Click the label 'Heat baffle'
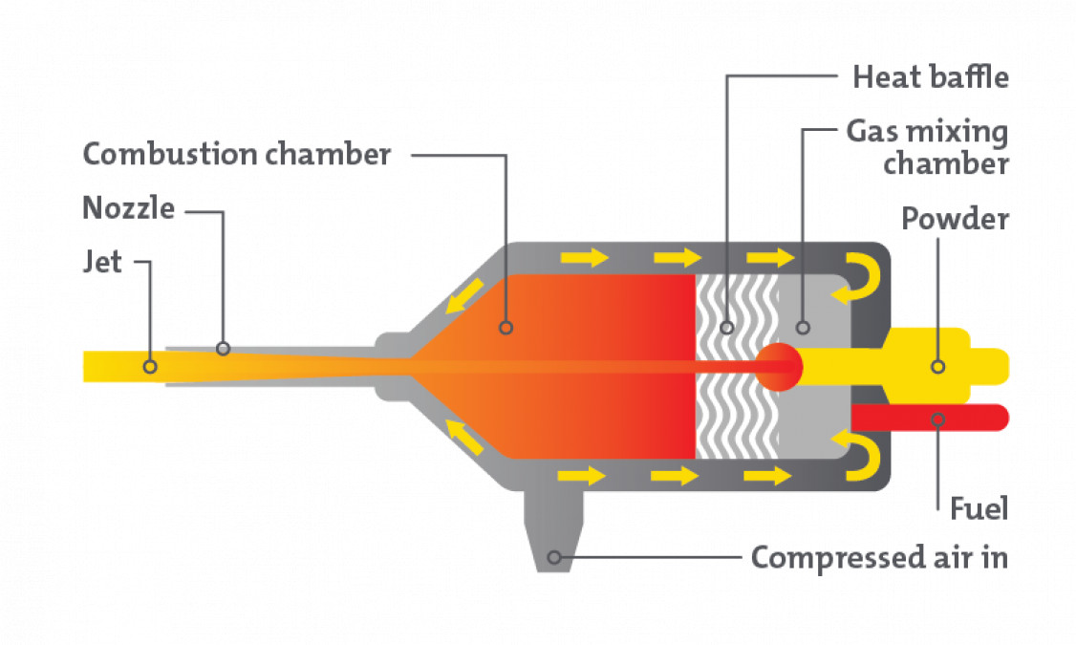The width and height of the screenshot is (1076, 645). click(x=930, y=76)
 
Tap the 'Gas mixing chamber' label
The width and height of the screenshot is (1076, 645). click(x=926, y=147)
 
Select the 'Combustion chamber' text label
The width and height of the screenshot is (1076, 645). click(x=237, y=154)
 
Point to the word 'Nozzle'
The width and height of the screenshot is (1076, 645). click(x=128, y=207)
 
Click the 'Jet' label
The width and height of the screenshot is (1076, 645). click(x=102, y=261)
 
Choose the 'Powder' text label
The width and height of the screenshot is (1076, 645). click(x=955, y=219)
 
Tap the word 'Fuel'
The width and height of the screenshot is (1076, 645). click(x=979, y=508)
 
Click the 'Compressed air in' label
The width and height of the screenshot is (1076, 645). click(x=879, y=556)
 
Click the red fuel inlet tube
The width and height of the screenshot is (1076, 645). click(x=927, y=418)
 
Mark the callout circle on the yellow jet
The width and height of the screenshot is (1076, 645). click(x=149, y=366)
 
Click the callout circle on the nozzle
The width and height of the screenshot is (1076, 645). click(x=223, y=349)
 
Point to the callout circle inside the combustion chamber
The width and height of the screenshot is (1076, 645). click(x=506, y=328)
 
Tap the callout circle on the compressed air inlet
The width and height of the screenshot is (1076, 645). click(x=553, y=556)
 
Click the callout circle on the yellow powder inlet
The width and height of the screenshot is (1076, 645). click(x=937, y=366)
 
